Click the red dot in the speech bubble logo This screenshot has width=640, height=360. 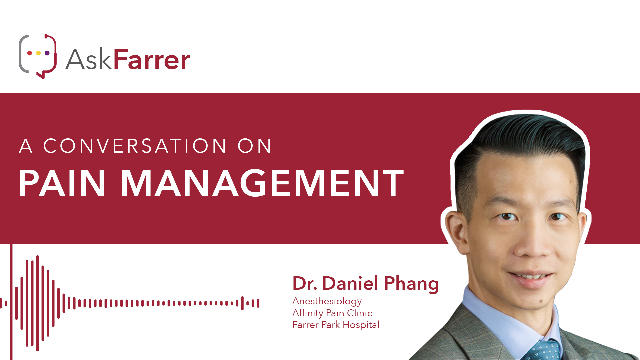coord(30,53)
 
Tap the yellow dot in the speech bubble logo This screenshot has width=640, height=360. coord(38,53)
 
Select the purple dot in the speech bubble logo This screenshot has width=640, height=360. coord(47,53)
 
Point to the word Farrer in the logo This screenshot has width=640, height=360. coord(152,59)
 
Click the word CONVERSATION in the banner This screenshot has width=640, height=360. coord(135,146)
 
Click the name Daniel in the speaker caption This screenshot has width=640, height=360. coord(350,283)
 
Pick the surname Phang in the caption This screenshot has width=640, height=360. coord(411,284)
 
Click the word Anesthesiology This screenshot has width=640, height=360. coord(327,302)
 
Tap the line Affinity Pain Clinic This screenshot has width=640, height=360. coord(332,313)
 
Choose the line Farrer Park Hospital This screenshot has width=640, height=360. coord(336,325)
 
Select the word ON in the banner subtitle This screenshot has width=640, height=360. coord(255,146)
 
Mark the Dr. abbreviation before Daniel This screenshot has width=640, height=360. coord(305,283)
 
